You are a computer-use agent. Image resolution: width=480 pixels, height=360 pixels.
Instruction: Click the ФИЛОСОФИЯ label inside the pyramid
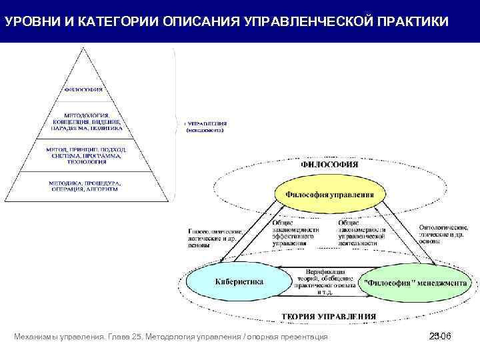coord(83,90)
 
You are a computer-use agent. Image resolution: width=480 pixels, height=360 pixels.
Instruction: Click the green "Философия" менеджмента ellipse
coord(414,283)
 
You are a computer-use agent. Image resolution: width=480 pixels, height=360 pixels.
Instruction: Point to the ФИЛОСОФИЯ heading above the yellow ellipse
coord(329,163)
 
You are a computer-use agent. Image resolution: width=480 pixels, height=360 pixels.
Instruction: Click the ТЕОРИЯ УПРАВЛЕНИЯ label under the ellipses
coord(328,316)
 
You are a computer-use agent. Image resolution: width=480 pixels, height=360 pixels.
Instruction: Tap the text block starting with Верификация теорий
coord(325,282)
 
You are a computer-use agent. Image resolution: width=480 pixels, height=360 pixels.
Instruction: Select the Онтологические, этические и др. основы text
coord(443,234)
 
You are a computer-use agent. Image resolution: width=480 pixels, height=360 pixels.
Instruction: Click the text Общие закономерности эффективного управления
coord(295,233)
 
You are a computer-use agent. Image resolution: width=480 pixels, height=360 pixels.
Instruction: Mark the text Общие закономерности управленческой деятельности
coord(361,233)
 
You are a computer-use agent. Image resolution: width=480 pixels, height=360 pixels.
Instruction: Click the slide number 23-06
coord(441,337)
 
